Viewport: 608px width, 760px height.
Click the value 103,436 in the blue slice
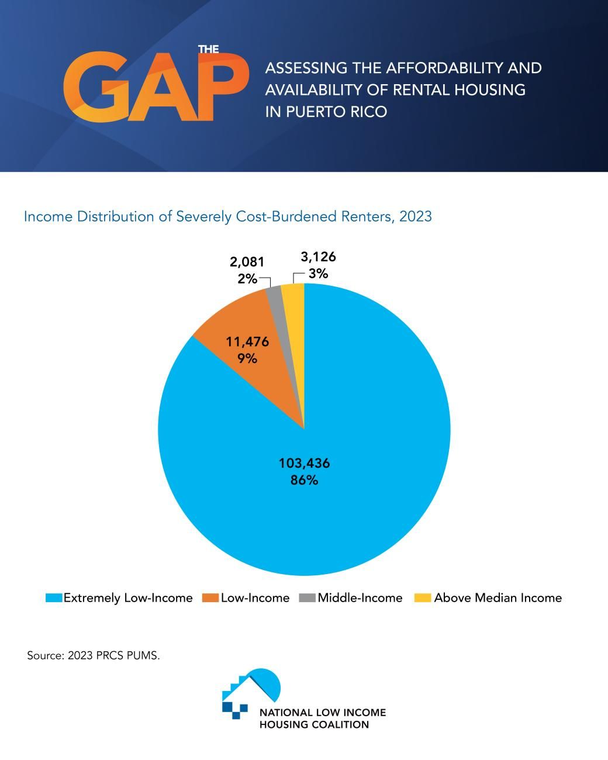pyautogui.click(x=304, y=463)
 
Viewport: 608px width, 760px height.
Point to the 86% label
pyautogui.click(x=304, y=481)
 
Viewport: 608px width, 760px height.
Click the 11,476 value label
pyautogui.click(x=247, y=341)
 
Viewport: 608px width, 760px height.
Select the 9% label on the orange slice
pyautogui.click(x=247, y=358)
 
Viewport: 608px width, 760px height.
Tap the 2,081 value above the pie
pyautogui.click(x=246, y=262)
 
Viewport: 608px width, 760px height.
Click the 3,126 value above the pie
pyautogui.click(x=318, y=257)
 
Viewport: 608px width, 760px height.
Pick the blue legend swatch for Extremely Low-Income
pyautogui.click(x=54, y=597)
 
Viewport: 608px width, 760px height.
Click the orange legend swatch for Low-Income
pyautogui.click(x=210, y=597)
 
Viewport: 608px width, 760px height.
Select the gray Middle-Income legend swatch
pyautogui.click(x=307, y=597)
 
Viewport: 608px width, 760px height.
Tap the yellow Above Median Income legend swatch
pyautogui.click(x=423, y=597)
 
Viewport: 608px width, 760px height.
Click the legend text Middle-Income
pyautogui.click(x=360, y=597)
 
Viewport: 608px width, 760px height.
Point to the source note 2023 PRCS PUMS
pyautogui.click(x=94, y=655)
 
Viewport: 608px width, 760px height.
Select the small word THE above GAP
pyautogui.click(x=208, y=49)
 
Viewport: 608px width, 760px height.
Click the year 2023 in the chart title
pyautogui.click(x=415, y=216)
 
